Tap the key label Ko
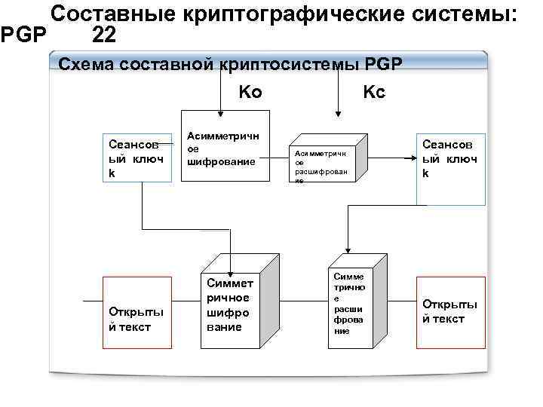pyautogui.click(x=250, y=92)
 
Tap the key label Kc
pyautogui.click(x=374, y=92)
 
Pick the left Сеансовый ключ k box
pyautogui.click(x=137, y=158)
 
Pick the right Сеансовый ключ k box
pyautogui.click(x=449, y=158)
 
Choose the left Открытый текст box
pyautogui.click(x=137, y=312)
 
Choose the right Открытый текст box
pyautogui.click(x=449, y=312)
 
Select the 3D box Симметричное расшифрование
pyautogui.click(x=351, y=305)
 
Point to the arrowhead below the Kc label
pyautogui.click(x=336, y=115)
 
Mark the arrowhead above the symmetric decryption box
pyautogui.click(x=347, y=248)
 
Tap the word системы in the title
pyautogui.click(x=457, y=14)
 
